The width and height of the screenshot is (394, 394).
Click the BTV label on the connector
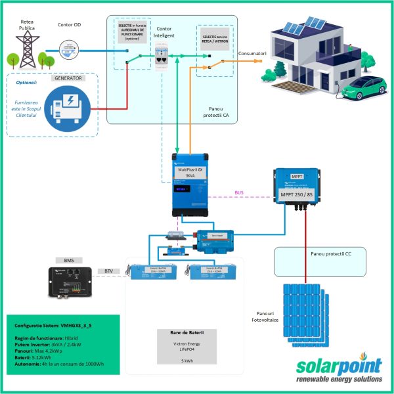(108, 271)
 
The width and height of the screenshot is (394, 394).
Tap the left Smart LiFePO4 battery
(153, 271)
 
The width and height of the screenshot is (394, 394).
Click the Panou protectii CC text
(332, 253)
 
